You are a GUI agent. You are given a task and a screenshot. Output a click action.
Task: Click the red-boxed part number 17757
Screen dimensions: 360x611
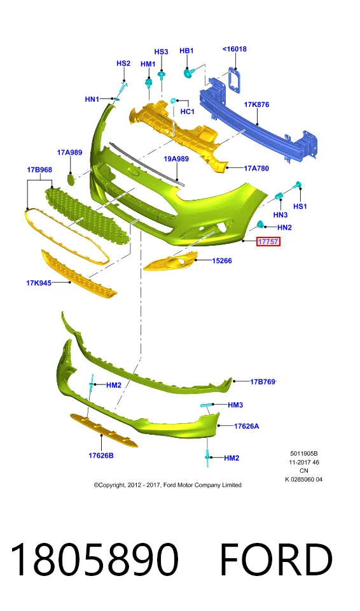(x=268, y=242)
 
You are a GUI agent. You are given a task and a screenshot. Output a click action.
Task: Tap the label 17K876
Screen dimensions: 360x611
(x=256, y=104)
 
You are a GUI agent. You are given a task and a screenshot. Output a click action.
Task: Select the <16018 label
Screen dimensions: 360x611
(x=235, y=49)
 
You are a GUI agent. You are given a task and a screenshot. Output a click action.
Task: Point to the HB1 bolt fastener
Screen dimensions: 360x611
(x=189, y=72)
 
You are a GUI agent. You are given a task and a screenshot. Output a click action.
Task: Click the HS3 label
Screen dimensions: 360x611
(x=161, y=52)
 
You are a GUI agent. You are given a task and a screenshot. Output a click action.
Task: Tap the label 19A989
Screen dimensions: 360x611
(x=176, y=158)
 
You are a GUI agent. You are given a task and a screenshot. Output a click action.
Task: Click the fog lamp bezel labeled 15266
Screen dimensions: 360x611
(x=170, y=261)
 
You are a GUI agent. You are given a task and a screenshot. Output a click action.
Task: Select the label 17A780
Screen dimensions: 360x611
(x=256, y=168)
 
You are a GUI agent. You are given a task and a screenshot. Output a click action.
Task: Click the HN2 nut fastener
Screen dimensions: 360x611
(x=260, y=224)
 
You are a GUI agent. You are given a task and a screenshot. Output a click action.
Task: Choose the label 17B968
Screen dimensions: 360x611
(x=39, y=170)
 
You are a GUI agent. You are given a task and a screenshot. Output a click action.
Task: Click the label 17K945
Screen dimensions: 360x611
(x=39, y=283)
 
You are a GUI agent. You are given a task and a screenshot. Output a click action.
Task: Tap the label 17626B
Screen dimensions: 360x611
(x=101, y=455)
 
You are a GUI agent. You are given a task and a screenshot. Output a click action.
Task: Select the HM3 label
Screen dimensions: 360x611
(x=235, y=405)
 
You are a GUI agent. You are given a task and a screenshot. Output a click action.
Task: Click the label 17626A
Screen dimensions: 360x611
(x=246, y=426)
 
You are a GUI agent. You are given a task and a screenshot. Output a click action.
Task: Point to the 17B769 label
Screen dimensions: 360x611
(x=263, y=381)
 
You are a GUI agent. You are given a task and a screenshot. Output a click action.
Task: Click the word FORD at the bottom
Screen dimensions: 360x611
(x=276, y=559)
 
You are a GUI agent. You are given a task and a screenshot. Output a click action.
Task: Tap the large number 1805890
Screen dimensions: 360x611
(x=94, y=559)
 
